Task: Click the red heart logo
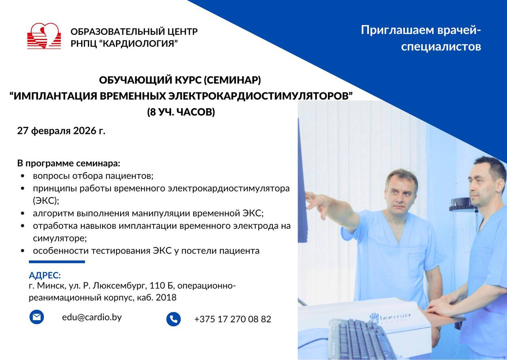pos(44,36)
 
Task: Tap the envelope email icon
pos(37,317)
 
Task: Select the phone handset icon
pos(173,319)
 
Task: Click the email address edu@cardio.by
pos(92,317)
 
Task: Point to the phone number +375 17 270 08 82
pos(233,319)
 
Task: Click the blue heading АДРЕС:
pos(45,275)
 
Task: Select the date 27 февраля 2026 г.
pos(61,131)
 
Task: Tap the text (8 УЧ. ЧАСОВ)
pos(181,112)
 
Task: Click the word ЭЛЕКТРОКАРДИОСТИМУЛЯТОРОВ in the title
pos(260,96)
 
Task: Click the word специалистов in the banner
pos(441,47)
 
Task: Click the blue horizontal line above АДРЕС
pos(57,262)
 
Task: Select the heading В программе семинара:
pos(69,163)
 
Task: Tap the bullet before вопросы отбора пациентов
pos(23,176)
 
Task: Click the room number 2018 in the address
pos(166,297)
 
